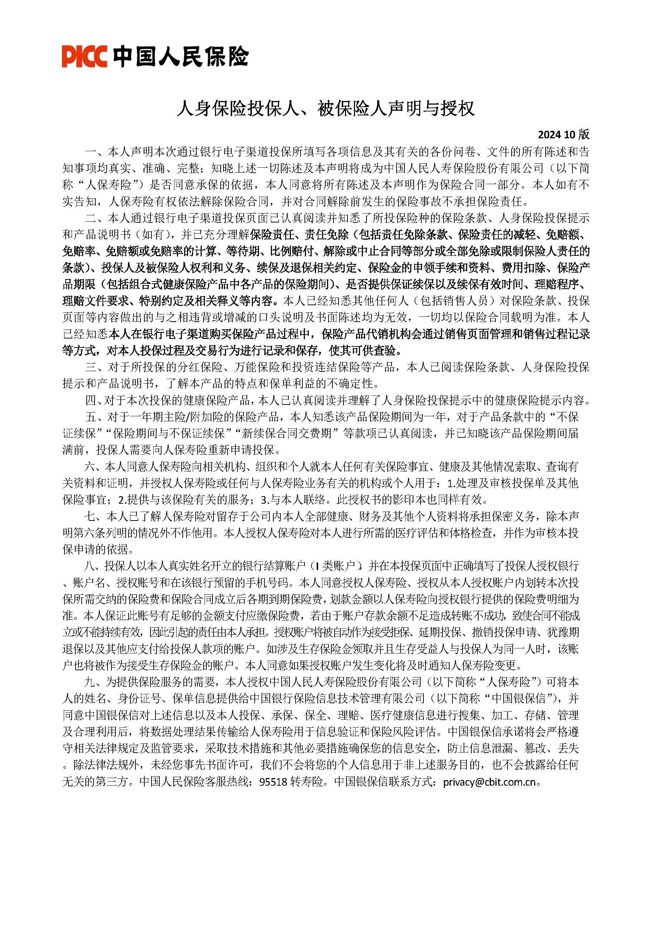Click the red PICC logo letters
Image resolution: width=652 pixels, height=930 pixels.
[84, 56]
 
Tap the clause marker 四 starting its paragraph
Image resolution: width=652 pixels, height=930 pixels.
[90, 401]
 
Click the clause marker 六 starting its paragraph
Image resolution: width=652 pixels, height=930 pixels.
[90, 467]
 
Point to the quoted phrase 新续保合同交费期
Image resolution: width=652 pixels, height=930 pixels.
[287, 434]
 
